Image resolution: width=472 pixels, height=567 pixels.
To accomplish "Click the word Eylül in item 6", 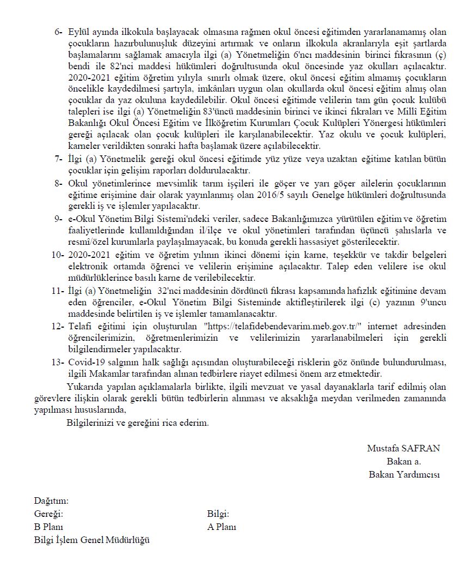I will coord(78,31).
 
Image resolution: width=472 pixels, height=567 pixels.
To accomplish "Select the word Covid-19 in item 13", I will coord(85,362).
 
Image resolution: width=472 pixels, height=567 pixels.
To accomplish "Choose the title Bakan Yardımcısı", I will coord(404,474).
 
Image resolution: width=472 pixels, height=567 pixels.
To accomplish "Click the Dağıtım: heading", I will coord(51,500).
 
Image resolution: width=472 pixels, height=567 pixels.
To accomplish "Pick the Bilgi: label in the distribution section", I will coord(218,514).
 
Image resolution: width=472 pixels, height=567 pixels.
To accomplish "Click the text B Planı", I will coord(49,527).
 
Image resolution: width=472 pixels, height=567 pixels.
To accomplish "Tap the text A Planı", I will coord(222,527).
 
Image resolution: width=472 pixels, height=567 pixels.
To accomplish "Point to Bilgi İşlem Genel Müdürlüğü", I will coord(91,540).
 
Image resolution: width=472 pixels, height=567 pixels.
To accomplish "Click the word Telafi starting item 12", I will coord(81,326).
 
